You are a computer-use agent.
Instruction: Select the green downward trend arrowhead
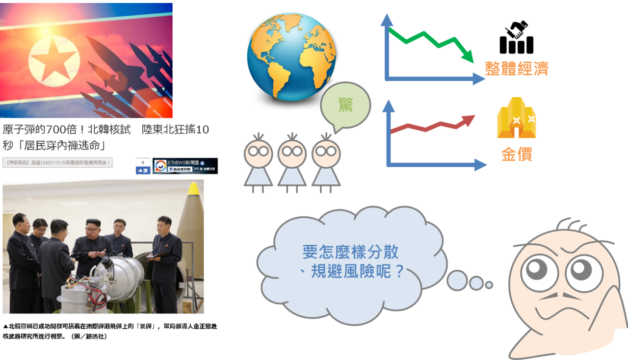tap(467, 56)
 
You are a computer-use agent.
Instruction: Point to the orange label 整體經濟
tap(516, 68)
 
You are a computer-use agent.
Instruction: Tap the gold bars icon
tap(517, 118)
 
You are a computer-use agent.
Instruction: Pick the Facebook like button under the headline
tap(143, 170)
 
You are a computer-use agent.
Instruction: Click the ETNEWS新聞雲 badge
tap(185, 166)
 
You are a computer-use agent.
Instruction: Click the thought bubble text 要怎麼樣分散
tap(350, 252)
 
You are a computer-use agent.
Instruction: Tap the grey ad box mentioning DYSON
tap(57, 162)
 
